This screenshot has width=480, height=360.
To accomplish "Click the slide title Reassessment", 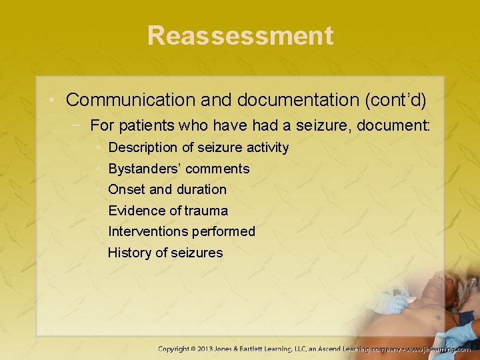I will [x=240, y=35].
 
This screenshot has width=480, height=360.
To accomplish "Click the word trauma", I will [x=207, y=211].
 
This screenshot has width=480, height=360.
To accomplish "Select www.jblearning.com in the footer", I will [x=440, y=349].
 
